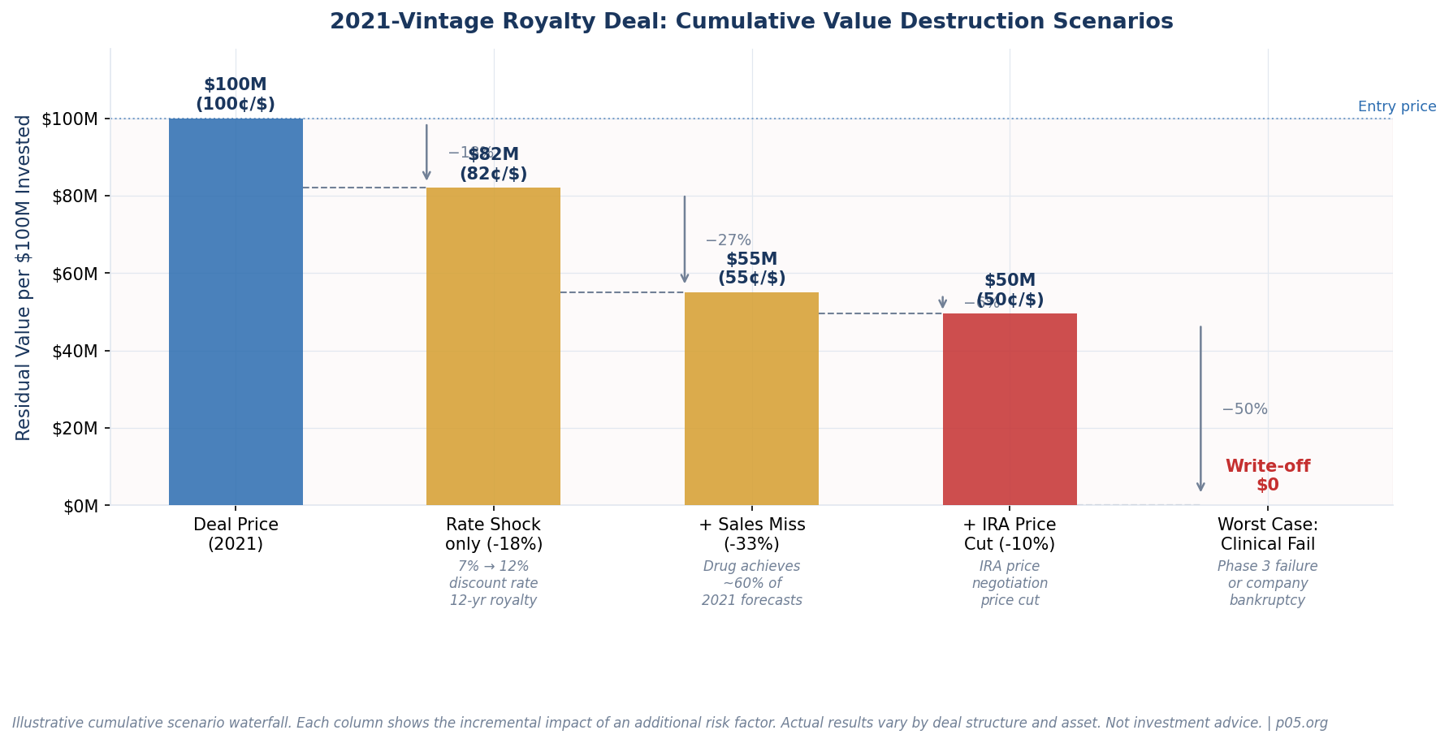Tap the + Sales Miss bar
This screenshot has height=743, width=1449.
pyautogui.click(x=751, y=399)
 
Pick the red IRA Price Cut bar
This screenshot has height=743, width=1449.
pyautogui.click(x=1010, y=409)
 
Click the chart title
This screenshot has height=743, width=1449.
pyautogui.click(x=751, y=22)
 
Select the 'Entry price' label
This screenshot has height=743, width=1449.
pyautogui.click(x=1396, y=107)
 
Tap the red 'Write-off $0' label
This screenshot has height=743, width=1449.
pyautogui.click(x=1267, y=476)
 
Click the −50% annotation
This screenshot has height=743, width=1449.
pyautogui.click(x=1244, y=410)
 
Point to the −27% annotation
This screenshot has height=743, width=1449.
pyautogui.click(x=728, y=241)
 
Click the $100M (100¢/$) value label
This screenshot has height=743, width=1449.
pyautogui.click(x=236, y=95)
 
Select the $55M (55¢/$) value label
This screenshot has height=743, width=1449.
pyautogui.click(x=751, y=269)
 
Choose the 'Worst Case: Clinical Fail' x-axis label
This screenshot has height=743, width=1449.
pyautogui.click(x=1267, y=534)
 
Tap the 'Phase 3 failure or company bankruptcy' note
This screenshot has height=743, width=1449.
pyautogui.click(x=1267, y=584)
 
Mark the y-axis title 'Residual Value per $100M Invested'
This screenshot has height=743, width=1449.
pyautogui.click(x=24, y=278)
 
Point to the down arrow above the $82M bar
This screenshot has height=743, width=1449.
pyautogui.click(x=426, y=153)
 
